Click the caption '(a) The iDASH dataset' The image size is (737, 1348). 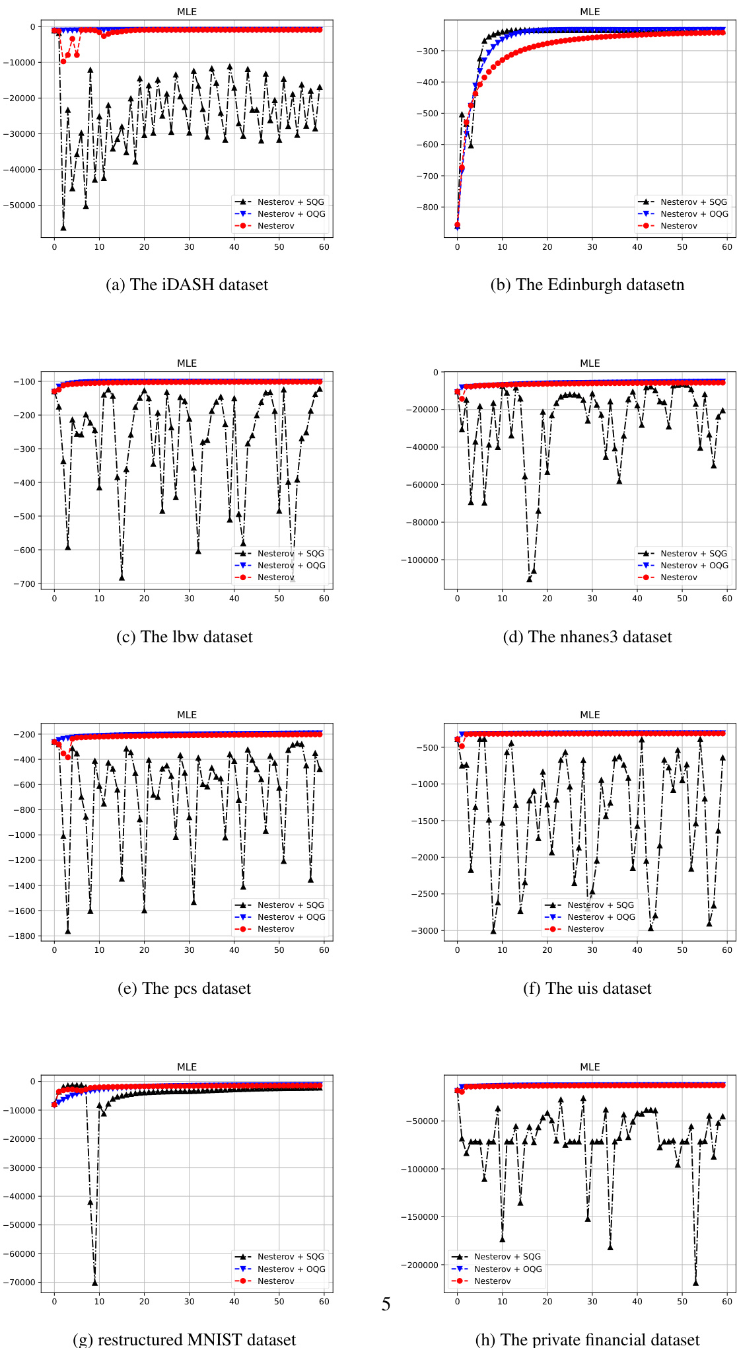pyautogui.click(x=187, y=285)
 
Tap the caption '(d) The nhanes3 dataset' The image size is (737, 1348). pyautogui.click(x=587, y=636)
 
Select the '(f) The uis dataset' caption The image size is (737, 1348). pyautogui.click(x=587, y=988)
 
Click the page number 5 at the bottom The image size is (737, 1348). pyautogui.click(x=386, y=1304)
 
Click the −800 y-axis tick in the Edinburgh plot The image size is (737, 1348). pyautogui.click(x=426, y=207)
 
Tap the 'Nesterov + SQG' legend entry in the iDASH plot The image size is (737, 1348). pyautogui.click(x=291, y=202)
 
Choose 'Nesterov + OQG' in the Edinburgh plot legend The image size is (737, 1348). pyautogui.click(x=694, y=214)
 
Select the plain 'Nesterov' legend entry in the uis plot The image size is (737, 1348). pyautogui.click(x=585, y=929)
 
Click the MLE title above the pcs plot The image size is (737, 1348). pyautogui.click(x=187, y=715)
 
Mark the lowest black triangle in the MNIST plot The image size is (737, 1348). pyautogui.click(x=94, y=1283)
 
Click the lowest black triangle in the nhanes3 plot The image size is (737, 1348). pyautogui.click(x=529, y=579)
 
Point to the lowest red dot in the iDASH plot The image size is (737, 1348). pyautogui.click(x=63, y=61)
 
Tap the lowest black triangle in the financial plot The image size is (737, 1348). pyautogui.click(x=695, y=1283)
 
